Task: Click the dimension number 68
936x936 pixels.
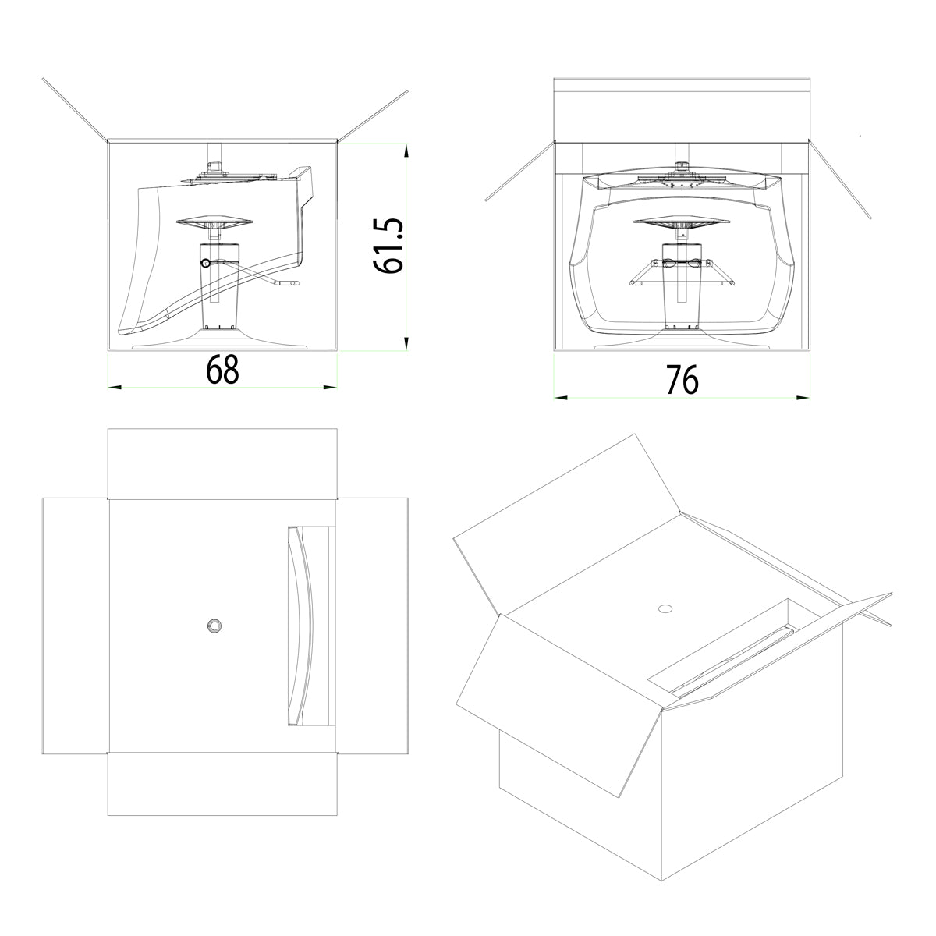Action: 222,370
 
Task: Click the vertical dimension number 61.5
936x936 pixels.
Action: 388,246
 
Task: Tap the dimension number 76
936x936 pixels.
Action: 682,380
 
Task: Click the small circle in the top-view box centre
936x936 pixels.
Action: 214,626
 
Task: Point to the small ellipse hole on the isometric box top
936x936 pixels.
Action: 665,608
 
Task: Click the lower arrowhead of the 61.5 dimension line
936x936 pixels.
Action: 406,343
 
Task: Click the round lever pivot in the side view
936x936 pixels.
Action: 205,263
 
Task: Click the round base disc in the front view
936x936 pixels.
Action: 682,340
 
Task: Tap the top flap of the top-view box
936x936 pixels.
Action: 222,463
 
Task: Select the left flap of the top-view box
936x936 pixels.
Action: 76,626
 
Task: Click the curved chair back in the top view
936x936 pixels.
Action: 301,626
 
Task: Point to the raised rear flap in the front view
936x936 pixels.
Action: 682,110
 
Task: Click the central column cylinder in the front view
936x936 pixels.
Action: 682,286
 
